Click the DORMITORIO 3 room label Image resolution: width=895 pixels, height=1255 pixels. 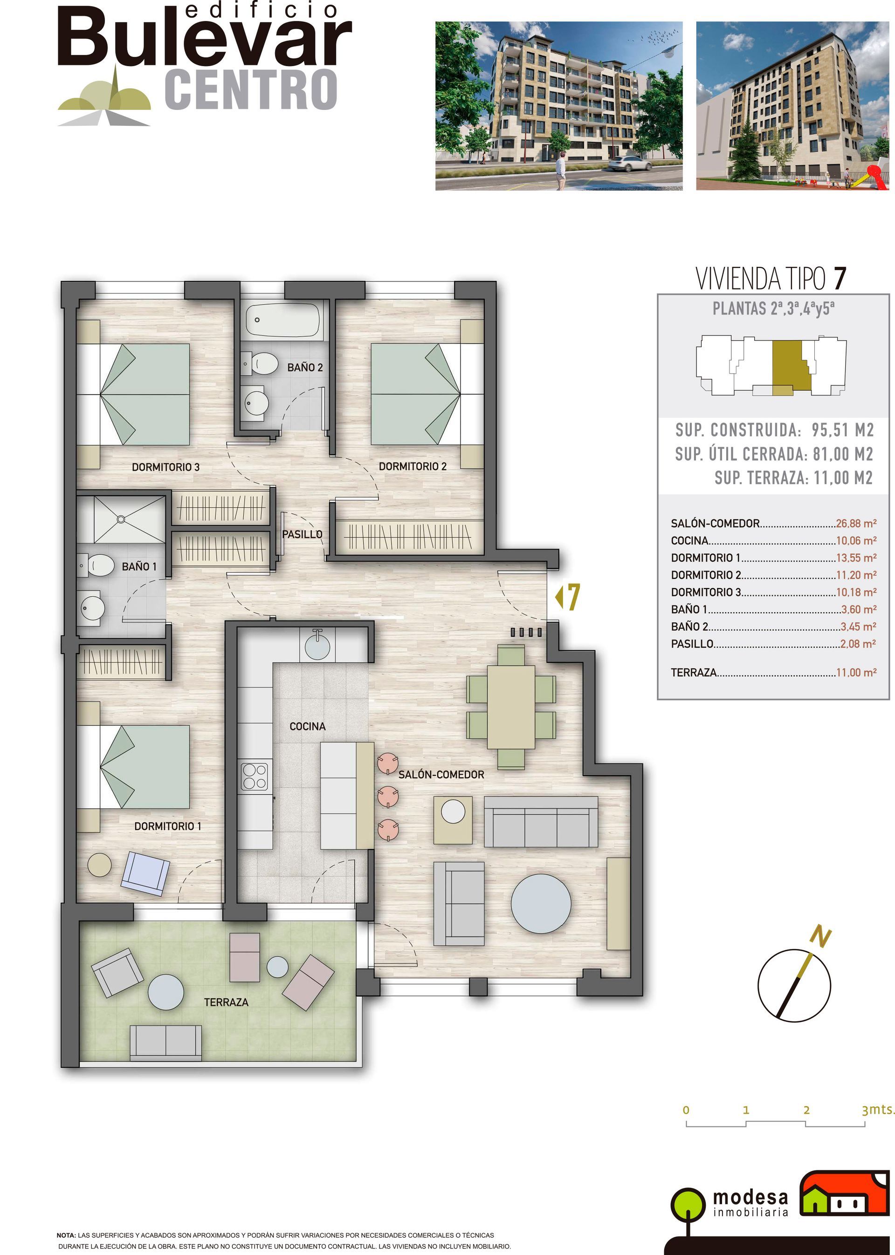point(165,467)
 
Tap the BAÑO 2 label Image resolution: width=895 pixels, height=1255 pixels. point(305,367)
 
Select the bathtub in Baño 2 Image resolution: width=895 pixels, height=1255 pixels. point(283,320)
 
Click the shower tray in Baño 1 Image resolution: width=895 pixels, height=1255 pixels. point(121,519)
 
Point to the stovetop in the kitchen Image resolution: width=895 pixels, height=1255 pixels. point(255,776)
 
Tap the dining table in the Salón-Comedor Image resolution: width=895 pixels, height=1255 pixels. point(511,708)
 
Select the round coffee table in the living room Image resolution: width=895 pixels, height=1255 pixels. point(541,903)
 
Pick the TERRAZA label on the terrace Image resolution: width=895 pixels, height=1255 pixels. point(226,1002)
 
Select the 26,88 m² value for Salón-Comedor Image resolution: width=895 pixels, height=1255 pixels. point(856,524)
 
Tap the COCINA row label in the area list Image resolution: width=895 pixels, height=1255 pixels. point(689,541)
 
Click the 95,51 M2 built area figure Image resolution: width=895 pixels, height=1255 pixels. point(843,430)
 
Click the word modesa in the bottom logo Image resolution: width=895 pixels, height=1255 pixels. point(750,1197)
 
